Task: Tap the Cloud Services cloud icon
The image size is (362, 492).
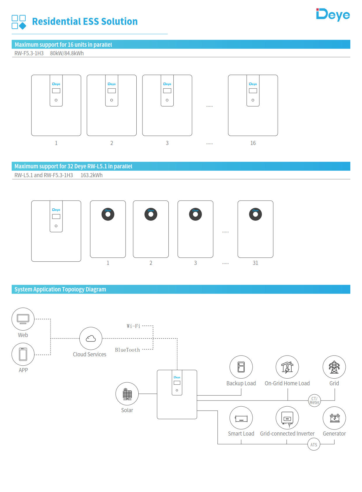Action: pyautogui.click(x=91, y=338)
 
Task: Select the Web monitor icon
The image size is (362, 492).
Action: pyautogui.click(x=23, y=319)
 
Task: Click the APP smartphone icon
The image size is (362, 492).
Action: pyautogui.click(x=23, y=354)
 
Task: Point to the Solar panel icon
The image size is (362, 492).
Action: pyautogui.click(x=127, y=394)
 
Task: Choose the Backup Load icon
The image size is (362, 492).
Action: pyautogui.click(x=241, y=367)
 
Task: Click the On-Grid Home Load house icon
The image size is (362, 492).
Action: pyautogui.click(x=287, y=367)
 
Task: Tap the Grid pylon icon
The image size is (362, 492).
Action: pyautogui.click(x=334, y=367)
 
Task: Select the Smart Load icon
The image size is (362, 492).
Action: pyautogui.click(x=241, y=418)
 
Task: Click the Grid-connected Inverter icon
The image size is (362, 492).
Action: pyautogui.click(x=287, y=418)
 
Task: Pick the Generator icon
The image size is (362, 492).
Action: pyautogui.click(x=334, y=418)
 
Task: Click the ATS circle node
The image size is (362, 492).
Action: pyautogui.click(x=314, y=445)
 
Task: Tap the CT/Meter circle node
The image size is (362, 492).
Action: pyautogui.click(x=314, y=400)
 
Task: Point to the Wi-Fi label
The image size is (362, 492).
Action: pyautogui.click(x=133, y=326)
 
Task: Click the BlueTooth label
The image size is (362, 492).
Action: pyautogui.click(x=127, y=350)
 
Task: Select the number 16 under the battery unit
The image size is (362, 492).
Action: pyautogui.click(x=253, y=143)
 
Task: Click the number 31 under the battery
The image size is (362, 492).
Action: pyautogui.click(x=255, y=263)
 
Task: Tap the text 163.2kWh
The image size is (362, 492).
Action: pyautogui.click(x=91, y=175)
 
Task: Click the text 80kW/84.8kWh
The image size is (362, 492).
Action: pyautogui.click(x=67, y=53)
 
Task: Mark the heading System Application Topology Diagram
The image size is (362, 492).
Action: pyautogui.click(x=60, y=289)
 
